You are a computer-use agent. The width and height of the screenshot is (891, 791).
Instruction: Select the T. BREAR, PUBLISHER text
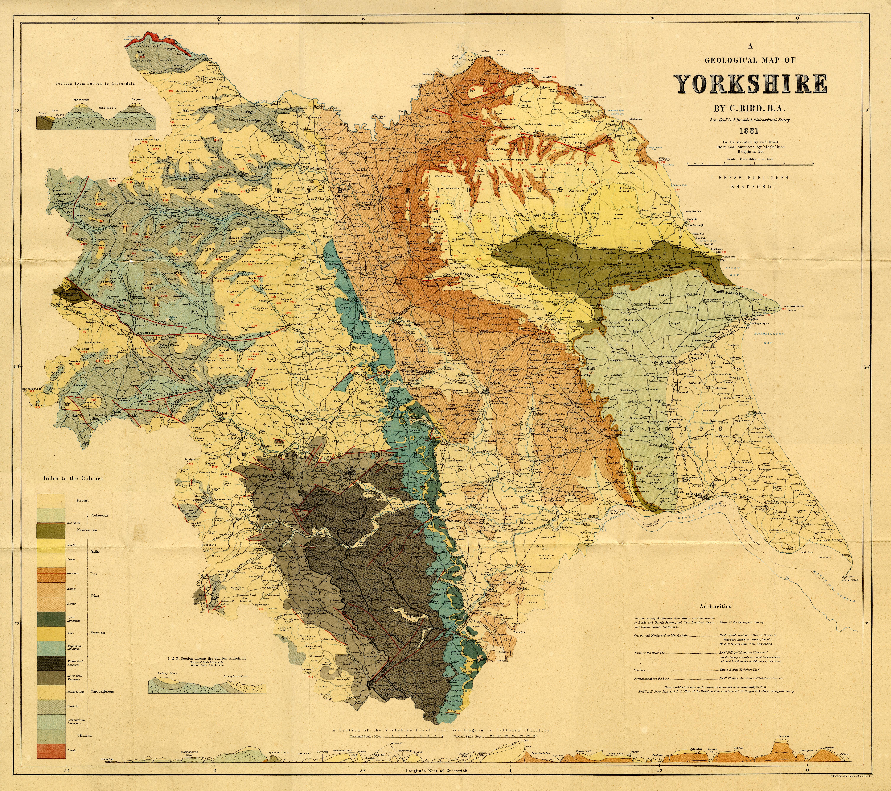coord(750,178)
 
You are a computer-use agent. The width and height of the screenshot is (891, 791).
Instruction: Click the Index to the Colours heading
coord(73,478)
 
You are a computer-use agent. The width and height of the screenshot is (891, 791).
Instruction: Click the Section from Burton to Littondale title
coord(95,83)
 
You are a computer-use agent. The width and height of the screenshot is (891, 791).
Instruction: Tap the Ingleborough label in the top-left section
coord(81,100)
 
